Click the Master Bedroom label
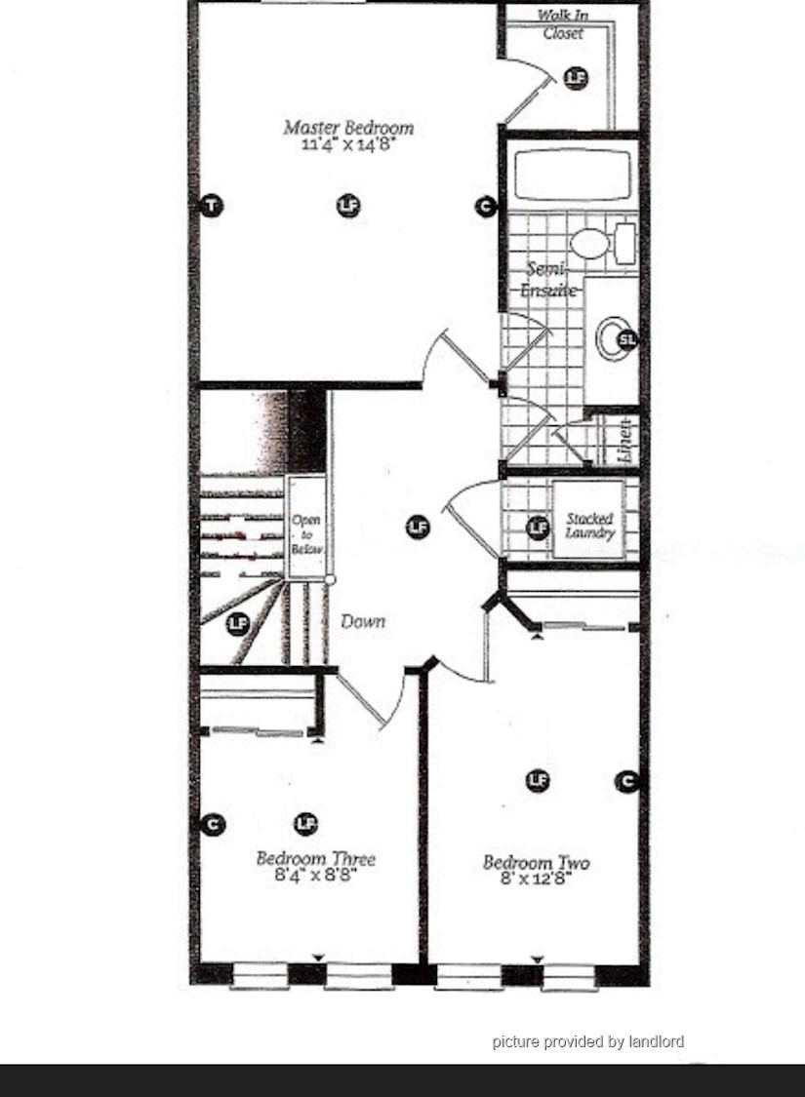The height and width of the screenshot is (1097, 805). pyautogui.click(x=348, y=128)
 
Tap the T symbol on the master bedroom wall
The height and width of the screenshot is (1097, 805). pyautogui.click(x=212, y=206)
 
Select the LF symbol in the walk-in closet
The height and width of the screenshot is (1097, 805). pyautogui.click(x=576, y=78)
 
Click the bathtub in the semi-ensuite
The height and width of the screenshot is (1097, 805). pyautogui.click(x=573, y=175)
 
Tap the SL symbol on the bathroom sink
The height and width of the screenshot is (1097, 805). pyautogui.click(x=627, y=340)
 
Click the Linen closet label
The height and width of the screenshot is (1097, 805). pyautogui.click(x=625, y=441)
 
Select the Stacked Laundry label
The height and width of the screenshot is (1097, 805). pyautogui.click(x=589, y=526)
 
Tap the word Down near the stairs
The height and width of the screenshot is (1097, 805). pyautogui.click(x=363, y=621)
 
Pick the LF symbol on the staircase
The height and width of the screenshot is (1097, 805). pyautogui.click(x=238, y=623)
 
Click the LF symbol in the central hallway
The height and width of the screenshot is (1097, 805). pyautogui.click(x=418, y=527)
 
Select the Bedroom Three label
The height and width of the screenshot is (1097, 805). pyautogui.click(x=316, y=858)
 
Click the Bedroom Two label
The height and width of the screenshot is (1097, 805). pyautogui.click(x=537, y=863)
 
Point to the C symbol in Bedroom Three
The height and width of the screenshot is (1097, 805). pyautogui.click(x=213, y=825)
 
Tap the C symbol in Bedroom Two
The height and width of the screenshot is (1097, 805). pyautogui.click(x=627, y=781)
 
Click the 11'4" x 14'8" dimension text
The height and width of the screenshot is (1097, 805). pyautogui.click(x=348, y=145)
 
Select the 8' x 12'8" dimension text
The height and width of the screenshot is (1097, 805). pyautogui.click(x=537, y=879)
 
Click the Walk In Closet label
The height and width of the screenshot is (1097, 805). pyautogui.click(x=563, y=23)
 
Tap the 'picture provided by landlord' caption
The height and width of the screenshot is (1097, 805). pyautogui.click(x=588, y=1041)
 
